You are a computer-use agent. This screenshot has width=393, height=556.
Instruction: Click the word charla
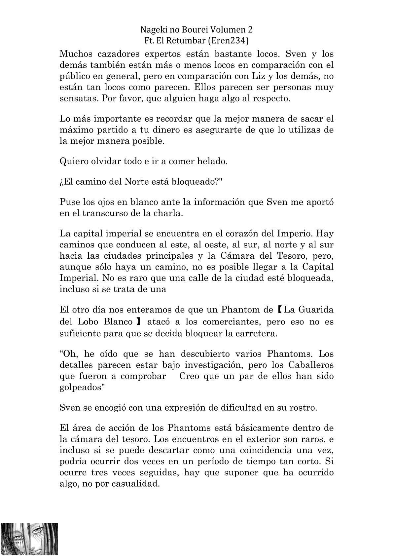pos(169,213)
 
